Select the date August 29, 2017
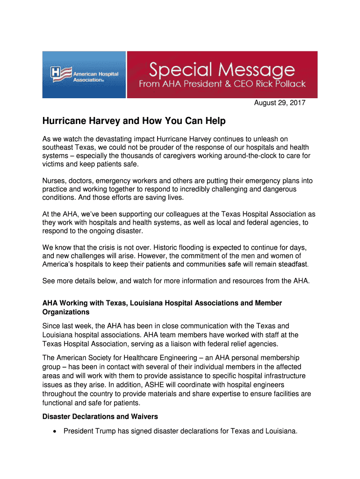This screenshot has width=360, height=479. [280, 103]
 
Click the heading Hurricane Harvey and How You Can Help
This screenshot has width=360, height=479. [134, 121]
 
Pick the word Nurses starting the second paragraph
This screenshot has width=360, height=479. [54, 181]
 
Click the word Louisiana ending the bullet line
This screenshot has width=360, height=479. [281, 431]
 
